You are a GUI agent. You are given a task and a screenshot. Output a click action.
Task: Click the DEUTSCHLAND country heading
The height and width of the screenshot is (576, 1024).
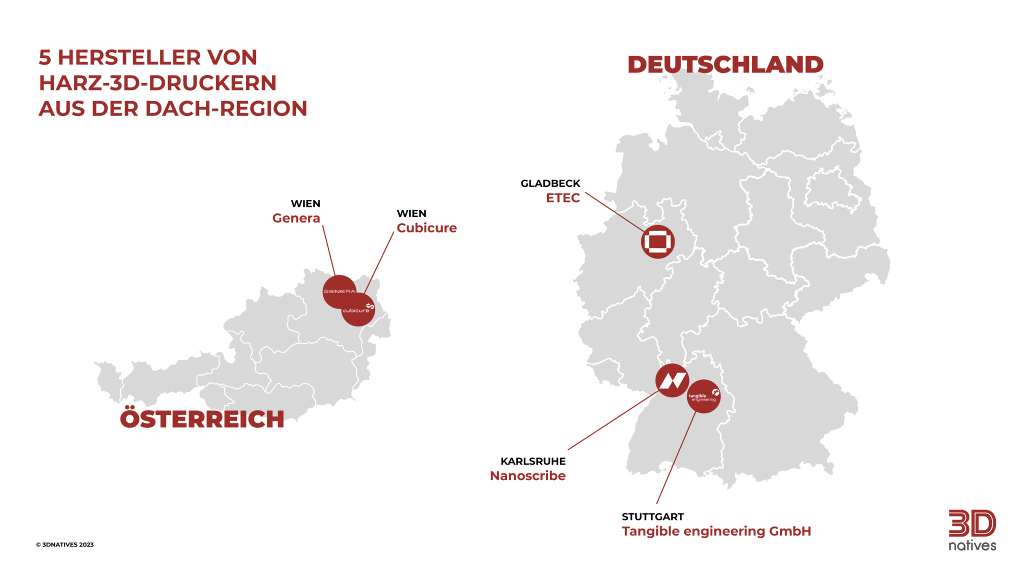tap(725, 64)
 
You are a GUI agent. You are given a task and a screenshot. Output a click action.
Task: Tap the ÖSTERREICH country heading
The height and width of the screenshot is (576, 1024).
tap(202, 418)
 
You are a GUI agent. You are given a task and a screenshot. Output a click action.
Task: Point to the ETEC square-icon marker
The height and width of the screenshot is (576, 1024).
tap(657, 242)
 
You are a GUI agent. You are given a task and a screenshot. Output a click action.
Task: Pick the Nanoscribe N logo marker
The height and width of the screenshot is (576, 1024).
tap(672, 380)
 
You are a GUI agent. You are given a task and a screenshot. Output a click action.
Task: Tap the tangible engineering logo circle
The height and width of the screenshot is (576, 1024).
tap(703, 396)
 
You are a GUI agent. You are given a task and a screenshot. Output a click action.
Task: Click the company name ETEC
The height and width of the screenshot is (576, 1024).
tap(562, 198)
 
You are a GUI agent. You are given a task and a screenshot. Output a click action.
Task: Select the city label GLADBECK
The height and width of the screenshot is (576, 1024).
tap(550, 183)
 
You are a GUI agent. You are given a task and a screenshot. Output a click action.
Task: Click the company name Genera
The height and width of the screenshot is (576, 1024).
tap(296, 218)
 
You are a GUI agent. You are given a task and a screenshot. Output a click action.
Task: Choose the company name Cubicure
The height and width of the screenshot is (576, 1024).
tap(426, 228)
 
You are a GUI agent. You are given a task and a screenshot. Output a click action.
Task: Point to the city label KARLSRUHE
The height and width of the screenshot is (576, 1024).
tap(533, 461)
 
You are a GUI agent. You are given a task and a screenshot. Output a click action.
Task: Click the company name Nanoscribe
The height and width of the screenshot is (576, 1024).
tap(527, 475)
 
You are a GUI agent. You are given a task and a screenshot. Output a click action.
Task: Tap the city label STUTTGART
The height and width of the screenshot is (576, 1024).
tap(652, 516)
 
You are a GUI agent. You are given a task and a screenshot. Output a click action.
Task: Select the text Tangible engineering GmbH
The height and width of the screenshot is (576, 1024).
tap(716, 531)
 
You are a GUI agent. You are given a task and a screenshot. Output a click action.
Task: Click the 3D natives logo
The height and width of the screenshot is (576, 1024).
tap(972, 530)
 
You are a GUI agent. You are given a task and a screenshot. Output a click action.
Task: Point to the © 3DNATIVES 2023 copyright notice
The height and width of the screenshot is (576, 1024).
tap(64, 544)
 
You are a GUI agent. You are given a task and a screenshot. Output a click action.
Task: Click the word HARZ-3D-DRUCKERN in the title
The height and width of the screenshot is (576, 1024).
tap(157, 83)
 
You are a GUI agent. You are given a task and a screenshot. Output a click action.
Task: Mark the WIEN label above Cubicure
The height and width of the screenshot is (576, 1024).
tap(411, 213)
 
